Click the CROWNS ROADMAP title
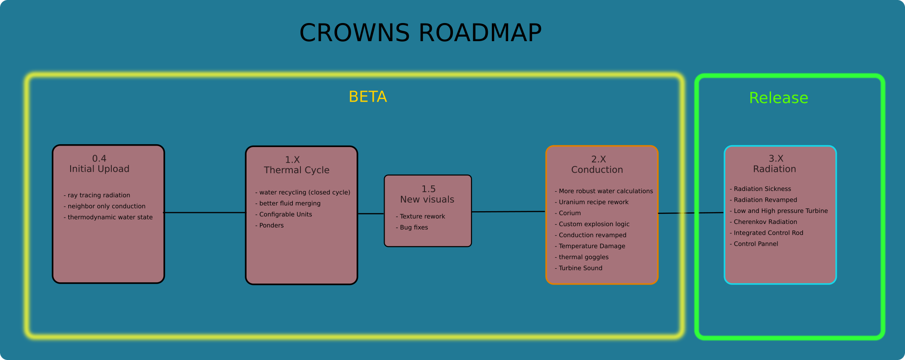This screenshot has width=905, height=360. point(420,33)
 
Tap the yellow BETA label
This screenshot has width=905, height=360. point(367,97)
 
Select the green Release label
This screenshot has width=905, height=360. point(778,98)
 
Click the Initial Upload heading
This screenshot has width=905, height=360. point(99,169)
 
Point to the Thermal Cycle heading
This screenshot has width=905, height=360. point(296,171)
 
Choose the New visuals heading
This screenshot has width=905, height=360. point(427,199)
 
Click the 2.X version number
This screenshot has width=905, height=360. point(598,159)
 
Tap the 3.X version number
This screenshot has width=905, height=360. point(776,158)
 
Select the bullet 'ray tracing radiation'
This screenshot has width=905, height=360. point(99,195)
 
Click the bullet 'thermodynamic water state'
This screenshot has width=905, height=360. point(110,218)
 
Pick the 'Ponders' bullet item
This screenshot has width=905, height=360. point(271,226)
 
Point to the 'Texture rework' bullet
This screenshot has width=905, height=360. point(422,217)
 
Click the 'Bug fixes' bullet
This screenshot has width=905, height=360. point(414,227)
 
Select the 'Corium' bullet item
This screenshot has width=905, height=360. point(569,213)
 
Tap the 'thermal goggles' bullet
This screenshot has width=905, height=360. point(583,257)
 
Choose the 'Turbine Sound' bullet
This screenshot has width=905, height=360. point(580,268)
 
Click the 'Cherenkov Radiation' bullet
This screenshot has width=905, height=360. point(765,222)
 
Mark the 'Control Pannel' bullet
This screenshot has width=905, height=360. point(756,244)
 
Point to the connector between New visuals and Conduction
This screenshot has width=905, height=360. point(508,212)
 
